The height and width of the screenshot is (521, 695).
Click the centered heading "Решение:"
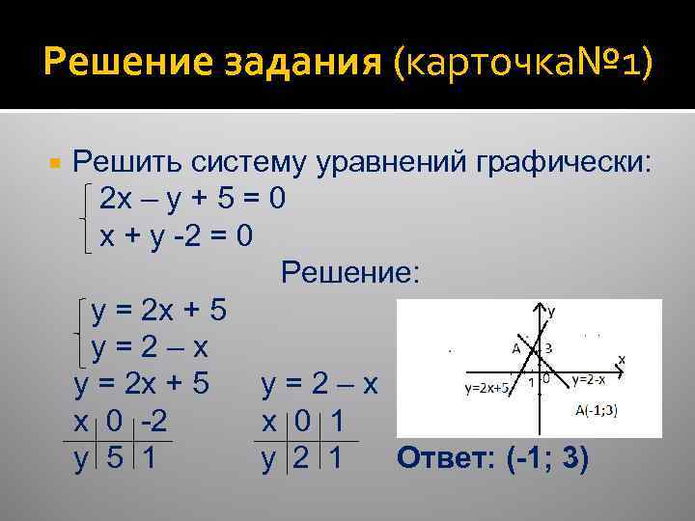pos(350,273)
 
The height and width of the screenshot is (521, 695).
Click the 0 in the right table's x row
pos(300,423)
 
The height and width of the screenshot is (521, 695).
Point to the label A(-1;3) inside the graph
pos(597,410)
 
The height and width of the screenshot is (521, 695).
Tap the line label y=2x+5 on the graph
pos(487,389)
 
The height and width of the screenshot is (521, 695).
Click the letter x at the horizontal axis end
pos(622,359)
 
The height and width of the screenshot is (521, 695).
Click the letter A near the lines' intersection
pos(516,347)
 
